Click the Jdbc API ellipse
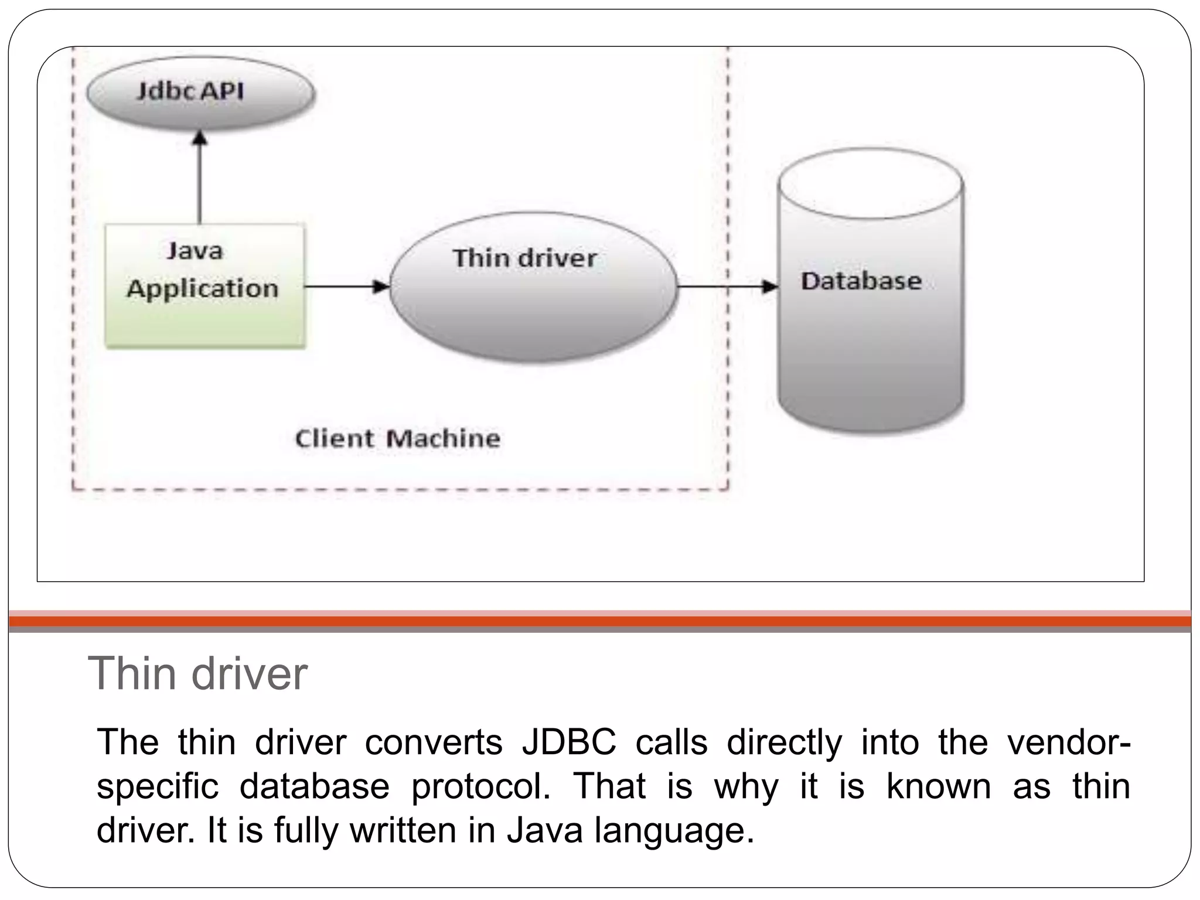point(200,93)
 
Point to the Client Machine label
point(397,438)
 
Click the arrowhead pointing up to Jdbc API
point(200,138)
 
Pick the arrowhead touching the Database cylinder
point(769,287)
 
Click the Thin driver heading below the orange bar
point(197,674)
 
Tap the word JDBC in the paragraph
point(569,742)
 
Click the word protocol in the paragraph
point(480,786)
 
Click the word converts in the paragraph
point(434,742)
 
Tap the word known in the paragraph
point(938,786)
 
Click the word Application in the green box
point(203,289)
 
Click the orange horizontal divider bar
point(600,622)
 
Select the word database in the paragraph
point(315,786)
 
